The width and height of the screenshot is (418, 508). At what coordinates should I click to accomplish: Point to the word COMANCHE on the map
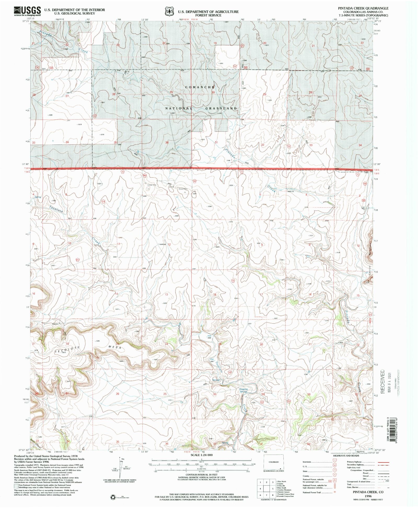coord(200,87)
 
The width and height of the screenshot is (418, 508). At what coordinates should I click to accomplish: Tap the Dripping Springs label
coord(243,390)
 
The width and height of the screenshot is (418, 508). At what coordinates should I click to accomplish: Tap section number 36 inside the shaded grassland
coord(167,142)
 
